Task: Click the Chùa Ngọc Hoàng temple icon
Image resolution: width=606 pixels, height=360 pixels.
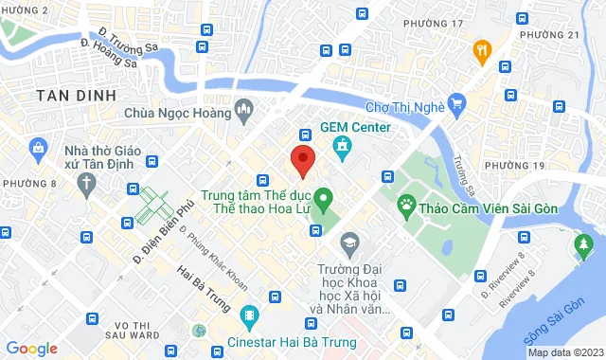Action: [243, 113]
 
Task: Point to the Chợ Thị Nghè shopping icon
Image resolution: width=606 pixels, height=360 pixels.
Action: [457, 101]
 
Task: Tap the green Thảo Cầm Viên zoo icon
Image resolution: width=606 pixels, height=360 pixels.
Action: [406, 203]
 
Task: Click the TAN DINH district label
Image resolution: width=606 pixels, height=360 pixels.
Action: [75, 95]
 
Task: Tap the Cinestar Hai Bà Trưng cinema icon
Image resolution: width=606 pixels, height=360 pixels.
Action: [249, 315]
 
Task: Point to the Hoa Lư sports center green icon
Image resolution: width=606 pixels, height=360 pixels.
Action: [322, 200]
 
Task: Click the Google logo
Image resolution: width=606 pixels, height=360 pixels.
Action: [30, 349]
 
